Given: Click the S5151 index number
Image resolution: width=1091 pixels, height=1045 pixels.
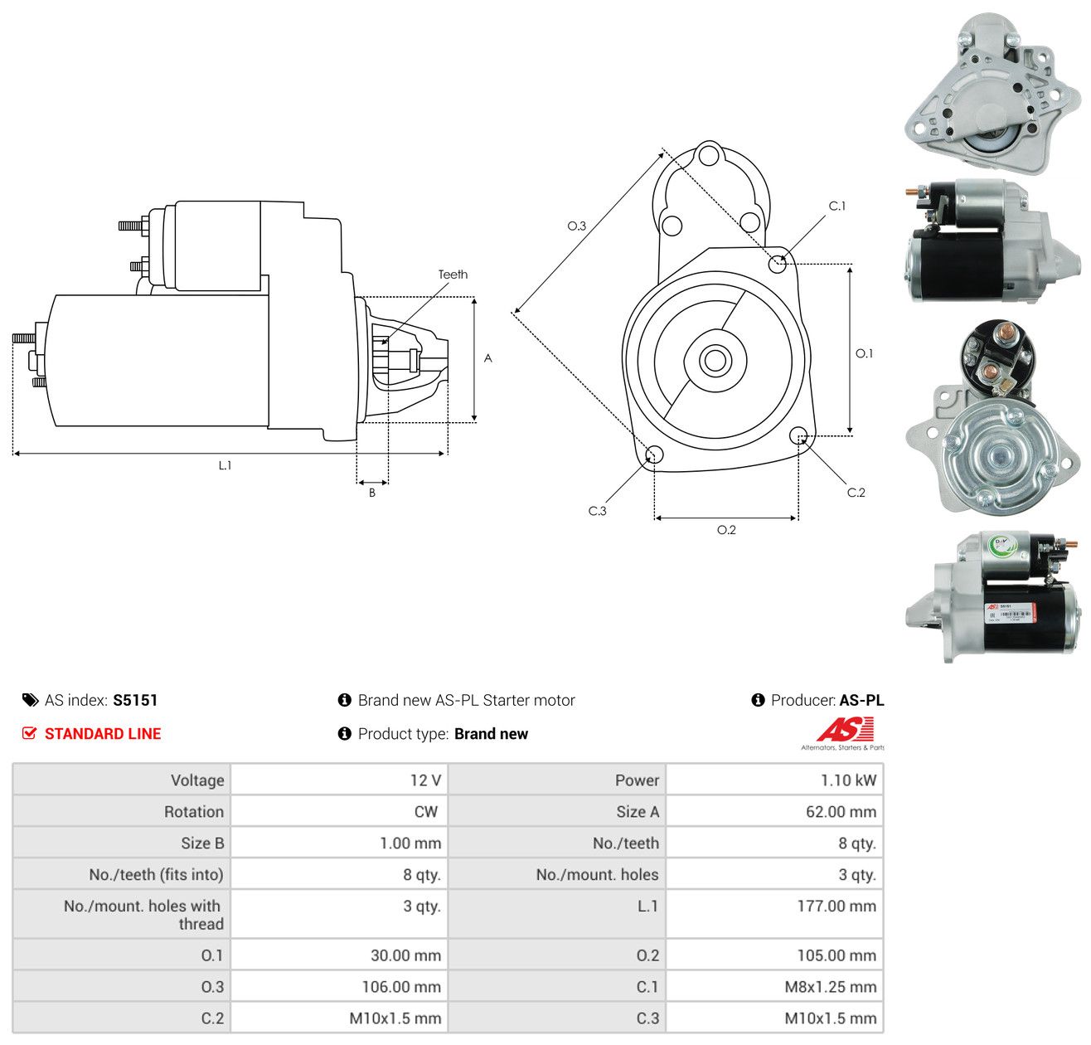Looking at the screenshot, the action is pos(135,700).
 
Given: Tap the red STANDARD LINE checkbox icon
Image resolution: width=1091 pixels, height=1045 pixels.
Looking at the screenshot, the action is pos(29,733).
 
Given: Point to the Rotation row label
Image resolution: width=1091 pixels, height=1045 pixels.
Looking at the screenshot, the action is pos(194,811).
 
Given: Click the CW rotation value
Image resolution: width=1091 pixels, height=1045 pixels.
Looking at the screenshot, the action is pos(425,811).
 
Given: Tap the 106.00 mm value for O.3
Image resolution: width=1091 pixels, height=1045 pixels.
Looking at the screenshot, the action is pos(401,986).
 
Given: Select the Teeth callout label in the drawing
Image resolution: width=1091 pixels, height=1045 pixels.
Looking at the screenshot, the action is pos(453,275).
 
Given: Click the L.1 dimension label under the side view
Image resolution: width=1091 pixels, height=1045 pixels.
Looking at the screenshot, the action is pos(225,465).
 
